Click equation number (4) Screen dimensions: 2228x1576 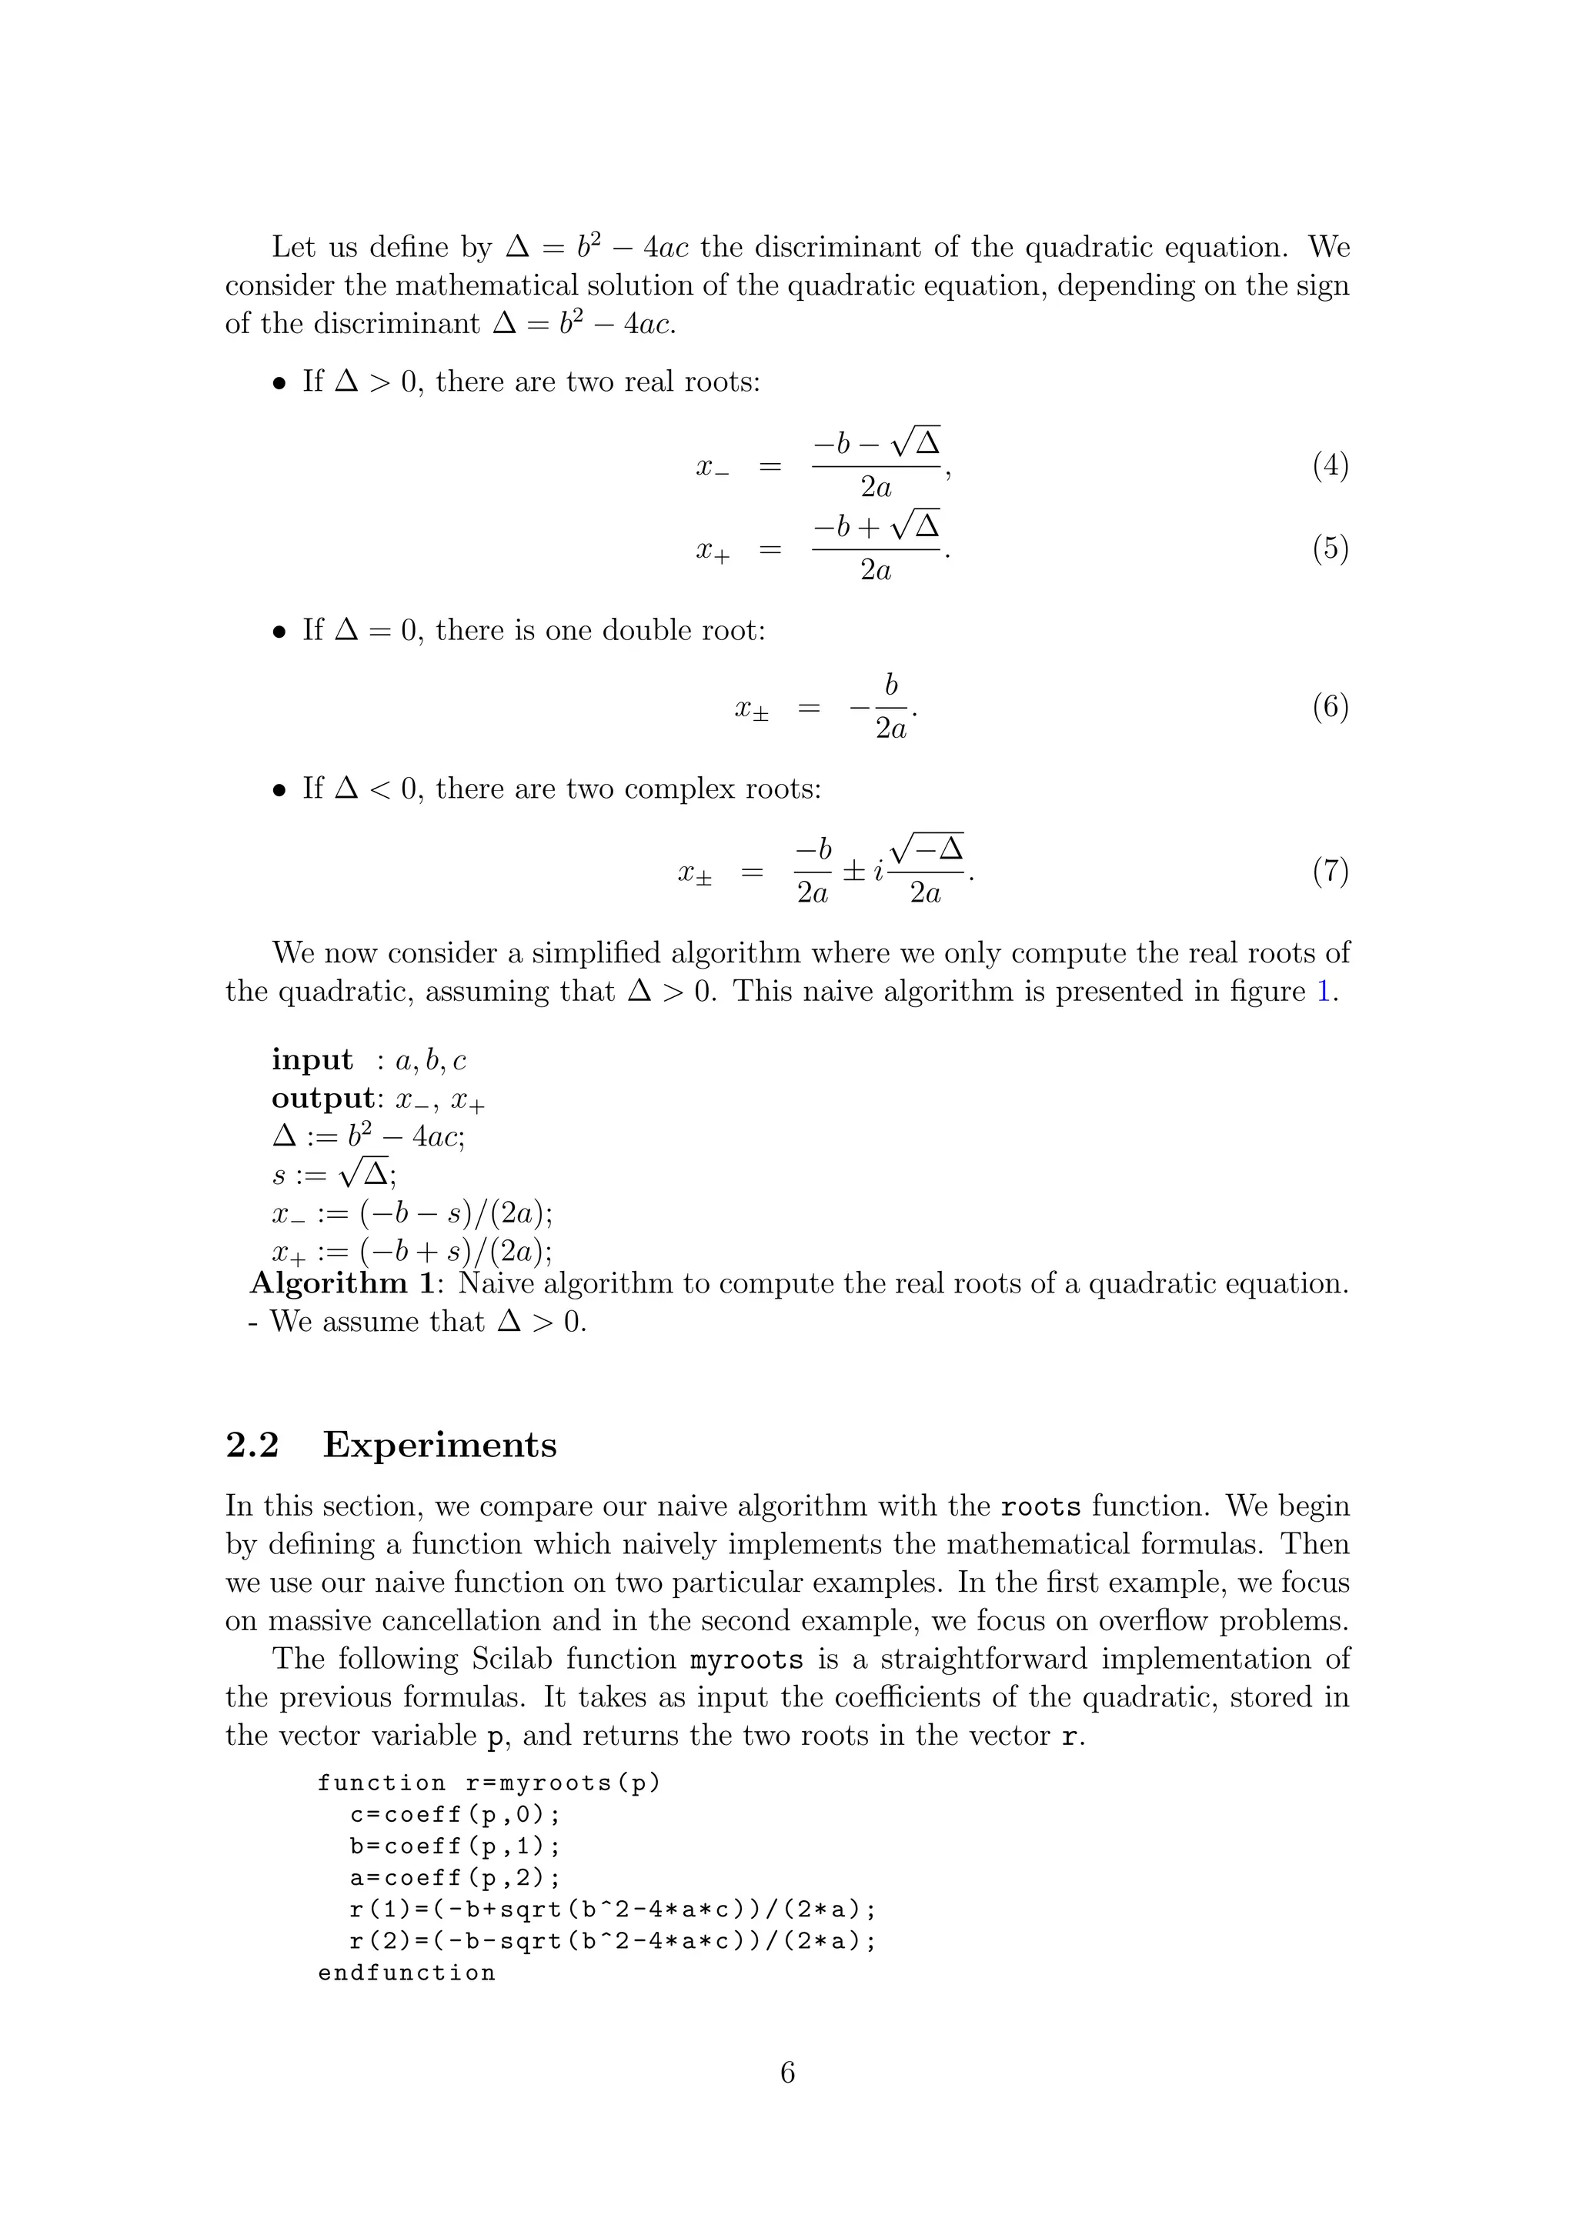(x=1331, y=467)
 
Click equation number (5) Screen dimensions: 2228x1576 (x=1331, y=549)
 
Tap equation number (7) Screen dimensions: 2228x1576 (x=1331, y=872)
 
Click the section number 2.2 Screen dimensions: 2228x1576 (x=252, y=1445)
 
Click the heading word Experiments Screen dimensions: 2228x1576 (x=439, y=1445)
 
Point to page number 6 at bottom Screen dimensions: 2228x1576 (x=788, y=2073)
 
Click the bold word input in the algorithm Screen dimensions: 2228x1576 (x=312, y=1059)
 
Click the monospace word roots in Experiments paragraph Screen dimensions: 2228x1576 (x=1040, y=1507)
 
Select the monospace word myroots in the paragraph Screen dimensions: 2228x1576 (x=746, y=1659)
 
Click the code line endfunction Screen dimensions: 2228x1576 (x=406, y=1973)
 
